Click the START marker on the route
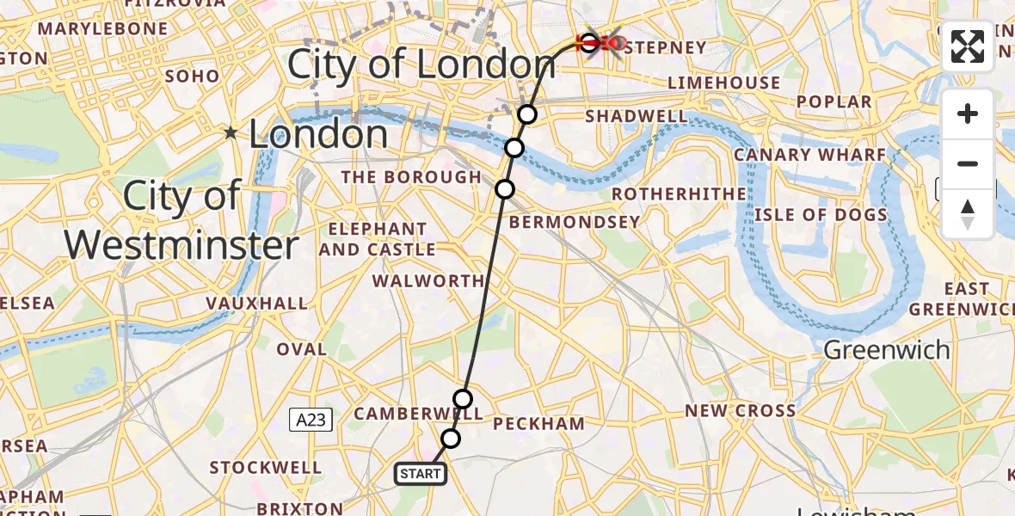coord(421,474)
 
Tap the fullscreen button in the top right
coord(968,46)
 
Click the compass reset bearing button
coord(968,214)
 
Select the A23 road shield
coord(311,420)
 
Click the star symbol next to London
coord(231,133)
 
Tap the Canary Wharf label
coord(809,155)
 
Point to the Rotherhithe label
coord(679,194)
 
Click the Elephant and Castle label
coord(378,240)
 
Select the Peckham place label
coord(538,423)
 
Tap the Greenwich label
coord(887,350)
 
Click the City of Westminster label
coord(181,221)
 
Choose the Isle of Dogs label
coord(821,215)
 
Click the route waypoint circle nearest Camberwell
coord(463,398)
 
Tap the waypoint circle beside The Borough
coord(505,188)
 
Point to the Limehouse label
coord(724,83)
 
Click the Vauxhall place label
coord(257,303)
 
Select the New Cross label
coord(740,411)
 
